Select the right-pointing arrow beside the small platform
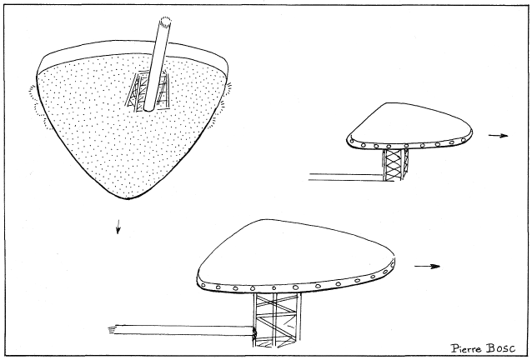point(498,135)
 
